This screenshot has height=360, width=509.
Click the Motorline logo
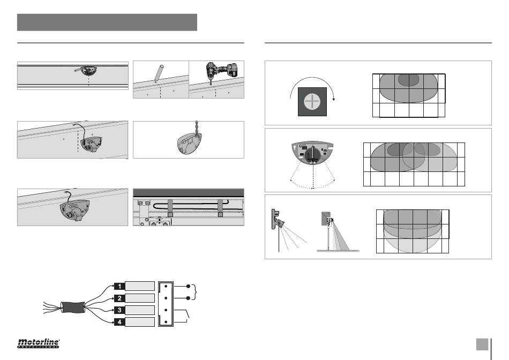(38, 343)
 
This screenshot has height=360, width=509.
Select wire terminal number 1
(119, 286)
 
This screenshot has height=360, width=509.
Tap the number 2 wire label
(119, 298)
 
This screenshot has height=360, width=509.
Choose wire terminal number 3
(119, 310)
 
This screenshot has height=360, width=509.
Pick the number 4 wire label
(119, 322)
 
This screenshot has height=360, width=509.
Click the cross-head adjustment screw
(312, 102)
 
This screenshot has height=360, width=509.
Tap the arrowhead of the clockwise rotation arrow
(333, 99)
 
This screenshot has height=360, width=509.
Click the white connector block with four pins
(166, 304)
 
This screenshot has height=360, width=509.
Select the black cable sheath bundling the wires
(73, 307)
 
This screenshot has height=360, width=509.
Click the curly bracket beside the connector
(194, 292)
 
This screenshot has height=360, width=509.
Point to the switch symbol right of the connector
(182, 316)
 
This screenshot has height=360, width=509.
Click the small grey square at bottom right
(482, 344)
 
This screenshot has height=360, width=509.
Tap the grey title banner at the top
(107, 22)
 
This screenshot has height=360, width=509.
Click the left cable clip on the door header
(170, 208)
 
